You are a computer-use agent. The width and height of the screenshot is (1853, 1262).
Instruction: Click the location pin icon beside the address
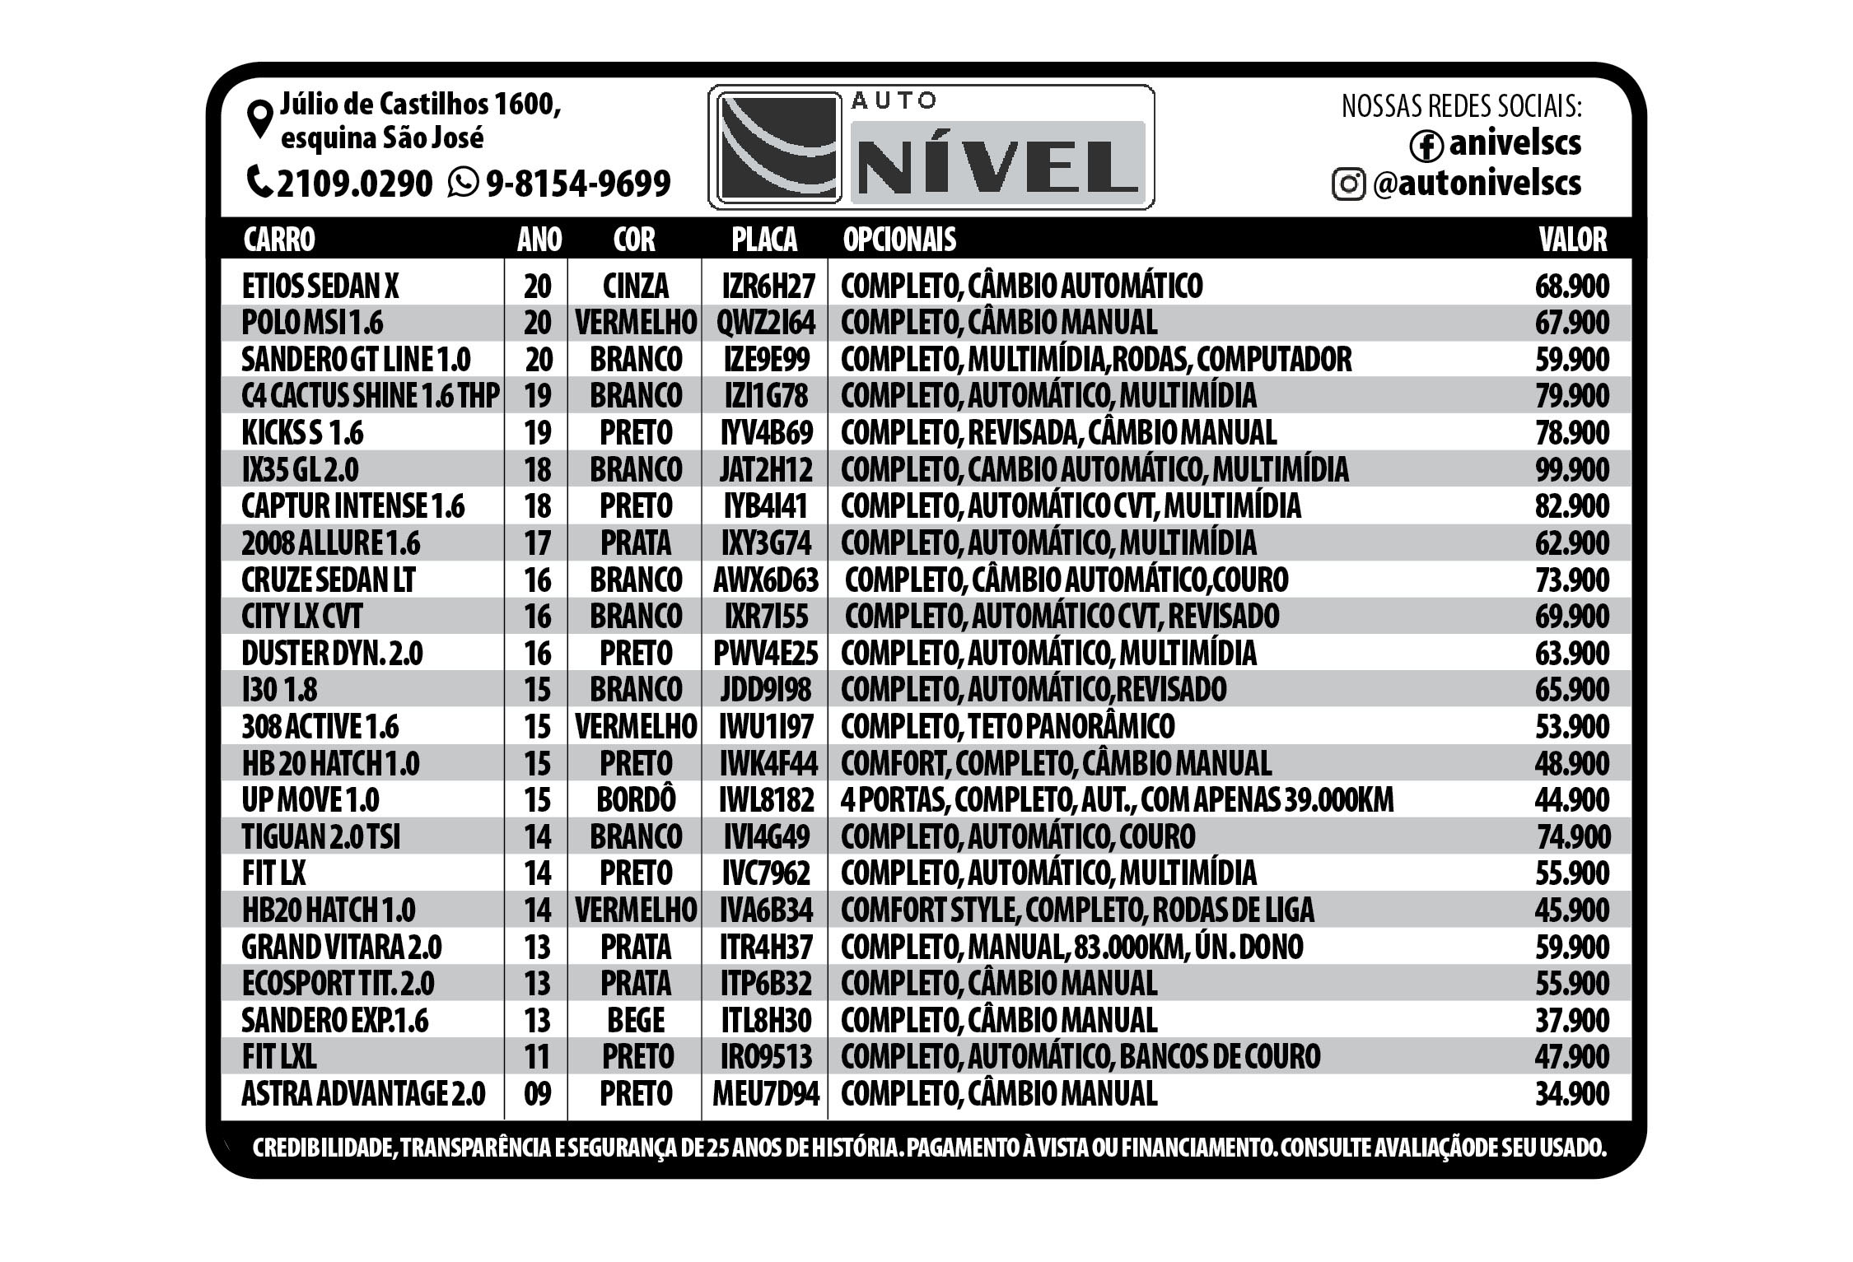click(x=260, y=119)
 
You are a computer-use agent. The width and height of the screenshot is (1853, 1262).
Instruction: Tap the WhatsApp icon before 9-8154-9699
click(x=463, y=182)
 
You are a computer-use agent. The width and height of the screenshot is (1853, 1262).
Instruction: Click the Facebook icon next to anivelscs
click(x=1426, y=146)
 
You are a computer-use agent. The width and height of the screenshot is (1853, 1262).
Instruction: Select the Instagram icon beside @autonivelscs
click(x=1348, y=184)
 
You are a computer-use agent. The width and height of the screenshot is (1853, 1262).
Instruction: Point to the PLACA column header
click(x=764, y=240)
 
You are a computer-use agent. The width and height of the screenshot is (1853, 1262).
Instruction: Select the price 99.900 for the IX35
click(x=1571, y=470)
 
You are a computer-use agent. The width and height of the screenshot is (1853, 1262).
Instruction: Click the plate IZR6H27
click(x=768, y=286)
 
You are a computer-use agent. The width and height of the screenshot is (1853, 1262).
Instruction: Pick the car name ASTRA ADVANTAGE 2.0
click(x=363, y=1094)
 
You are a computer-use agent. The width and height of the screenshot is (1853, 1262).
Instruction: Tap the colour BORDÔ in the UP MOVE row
click(x=636, y=800)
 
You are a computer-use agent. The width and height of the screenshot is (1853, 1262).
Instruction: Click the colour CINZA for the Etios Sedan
click(x=636, y=286)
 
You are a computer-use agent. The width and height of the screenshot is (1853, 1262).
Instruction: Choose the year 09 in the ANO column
click(x=537, y=1094)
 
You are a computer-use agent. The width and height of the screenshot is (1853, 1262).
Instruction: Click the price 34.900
click(x=1571, y=1094)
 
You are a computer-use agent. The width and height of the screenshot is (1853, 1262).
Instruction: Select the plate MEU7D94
click(x=766, y=1094)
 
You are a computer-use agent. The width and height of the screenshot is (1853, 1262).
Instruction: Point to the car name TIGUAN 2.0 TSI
click(x=321, y=837)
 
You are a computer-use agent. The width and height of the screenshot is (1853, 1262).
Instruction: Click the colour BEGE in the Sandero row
click(x=636, y=1021)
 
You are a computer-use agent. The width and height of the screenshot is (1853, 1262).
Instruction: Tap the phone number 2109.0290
click(x=354, y=183)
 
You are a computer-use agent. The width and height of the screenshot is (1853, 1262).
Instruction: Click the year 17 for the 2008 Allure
click(x=537, y=543)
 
